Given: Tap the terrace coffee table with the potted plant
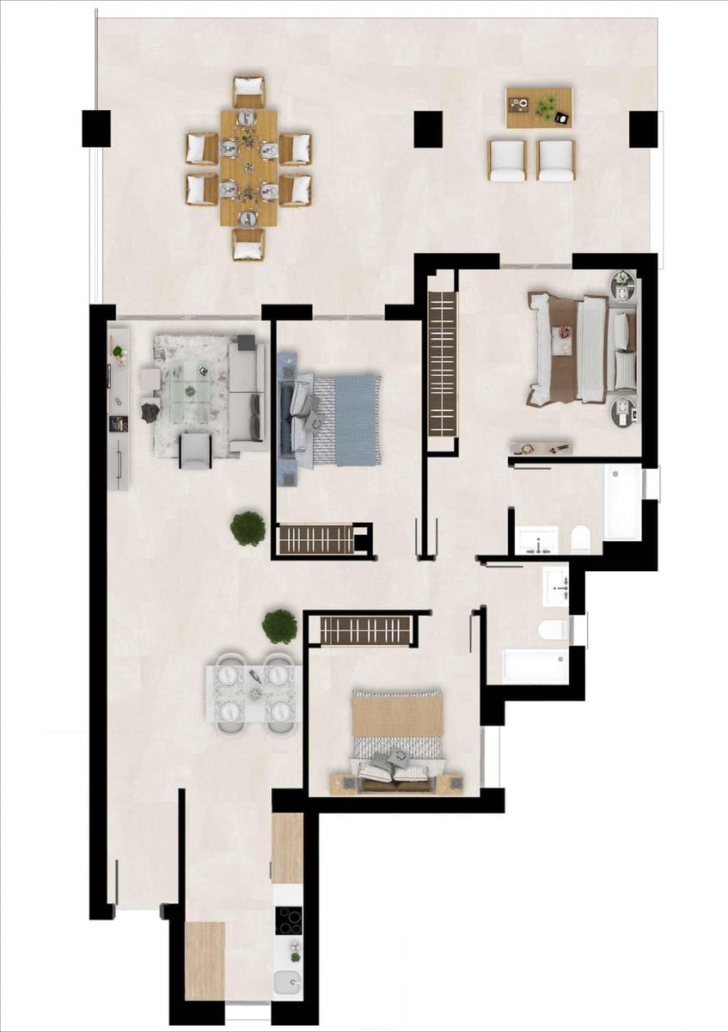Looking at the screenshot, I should point(539,107).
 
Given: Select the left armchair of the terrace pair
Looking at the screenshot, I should point(507,160).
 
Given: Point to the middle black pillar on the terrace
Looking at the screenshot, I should point(427,129).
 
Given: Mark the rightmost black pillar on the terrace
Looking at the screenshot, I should point(643,129).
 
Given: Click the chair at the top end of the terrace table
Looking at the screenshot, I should point(248,91).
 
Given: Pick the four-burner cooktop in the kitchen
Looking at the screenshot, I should point(289,920).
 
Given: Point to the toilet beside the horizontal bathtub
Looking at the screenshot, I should point(552,630).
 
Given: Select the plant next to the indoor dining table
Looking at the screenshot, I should point(279,626).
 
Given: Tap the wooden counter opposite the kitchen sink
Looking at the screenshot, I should point(205,961).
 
